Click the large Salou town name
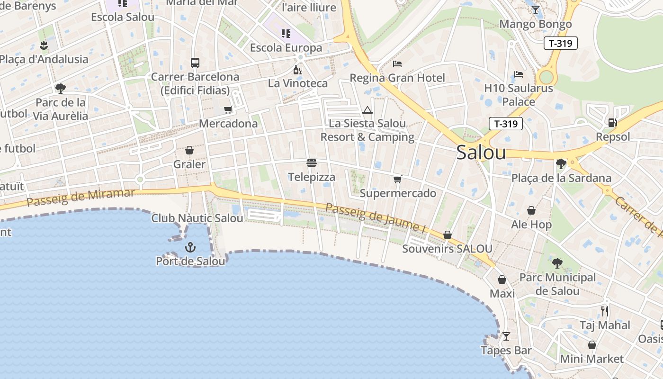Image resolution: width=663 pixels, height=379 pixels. pyautogui.click(x=481, y=153)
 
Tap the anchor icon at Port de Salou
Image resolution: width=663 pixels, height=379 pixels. pyautogui.click(x=190, y=247)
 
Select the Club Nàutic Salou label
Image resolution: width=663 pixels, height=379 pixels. pyautogui.click(x=197, y=218)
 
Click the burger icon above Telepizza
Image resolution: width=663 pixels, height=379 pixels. pyautogui.click(x=312, y=163)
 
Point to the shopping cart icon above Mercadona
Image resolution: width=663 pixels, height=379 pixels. pyautogui.click(x=228, y=110)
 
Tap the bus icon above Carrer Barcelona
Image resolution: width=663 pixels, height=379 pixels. pyautogui.click(x=195, y=63)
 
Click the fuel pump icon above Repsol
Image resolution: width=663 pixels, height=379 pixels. pyautogui.click(x=612, y=123)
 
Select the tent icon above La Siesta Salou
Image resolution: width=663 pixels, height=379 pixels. pyautogui.click(x=367, y=110)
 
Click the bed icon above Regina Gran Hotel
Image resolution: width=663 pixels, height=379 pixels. pyautogui.click(x=397, y=64)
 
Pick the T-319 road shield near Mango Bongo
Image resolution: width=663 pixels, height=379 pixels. pyautogui.click(x=560, y=44)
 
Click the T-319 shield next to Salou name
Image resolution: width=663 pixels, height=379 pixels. pyautogui.click(x=505, y=124)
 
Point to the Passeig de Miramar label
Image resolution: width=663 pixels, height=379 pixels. pyautogui.click(x=81, y=197)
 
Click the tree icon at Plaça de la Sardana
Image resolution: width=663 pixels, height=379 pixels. pyautogui.click(x=561, y=164)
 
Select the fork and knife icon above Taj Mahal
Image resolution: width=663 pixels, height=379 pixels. pyautogui.click(x=605, y=311)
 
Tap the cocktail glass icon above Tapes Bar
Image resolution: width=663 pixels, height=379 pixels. pyautogui.click(x=506, y=336)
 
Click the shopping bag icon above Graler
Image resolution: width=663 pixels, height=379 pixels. pyautogui.click(x=189, y=150)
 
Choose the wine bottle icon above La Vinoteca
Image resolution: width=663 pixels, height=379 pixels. pyautogui.click(x=297, y=70)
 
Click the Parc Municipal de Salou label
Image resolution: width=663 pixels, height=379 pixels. pyautogui.click(x=557, y=284)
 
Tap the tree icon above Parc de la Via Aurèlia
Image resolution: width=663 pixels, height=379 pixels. pyautogui.click(x=60, y=88)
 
